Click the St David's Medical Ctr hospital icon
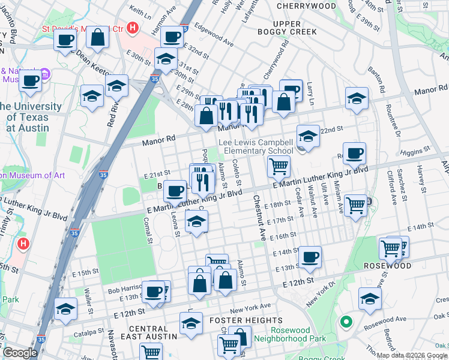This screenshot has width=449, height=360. click(x=133, y=28)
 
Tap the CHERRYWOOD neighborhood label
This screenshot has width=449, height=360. click(x=307, y=6)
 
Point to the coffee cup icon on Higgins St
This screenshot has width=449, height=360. click(x=354, y=152)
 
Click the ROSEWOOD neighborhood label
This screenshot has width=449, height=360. click(x=388, y=266)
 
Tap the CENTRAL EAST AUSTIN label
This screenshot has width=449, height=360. click(x=148, y=332)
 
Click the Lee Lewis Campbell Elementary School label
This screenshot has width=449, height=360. click(x=255, y=147)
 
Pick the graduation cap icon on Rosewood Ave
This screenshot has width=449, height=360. click(x=370, y=298)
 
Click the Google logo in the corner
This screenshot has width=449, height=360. click(x=20, y=353)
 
